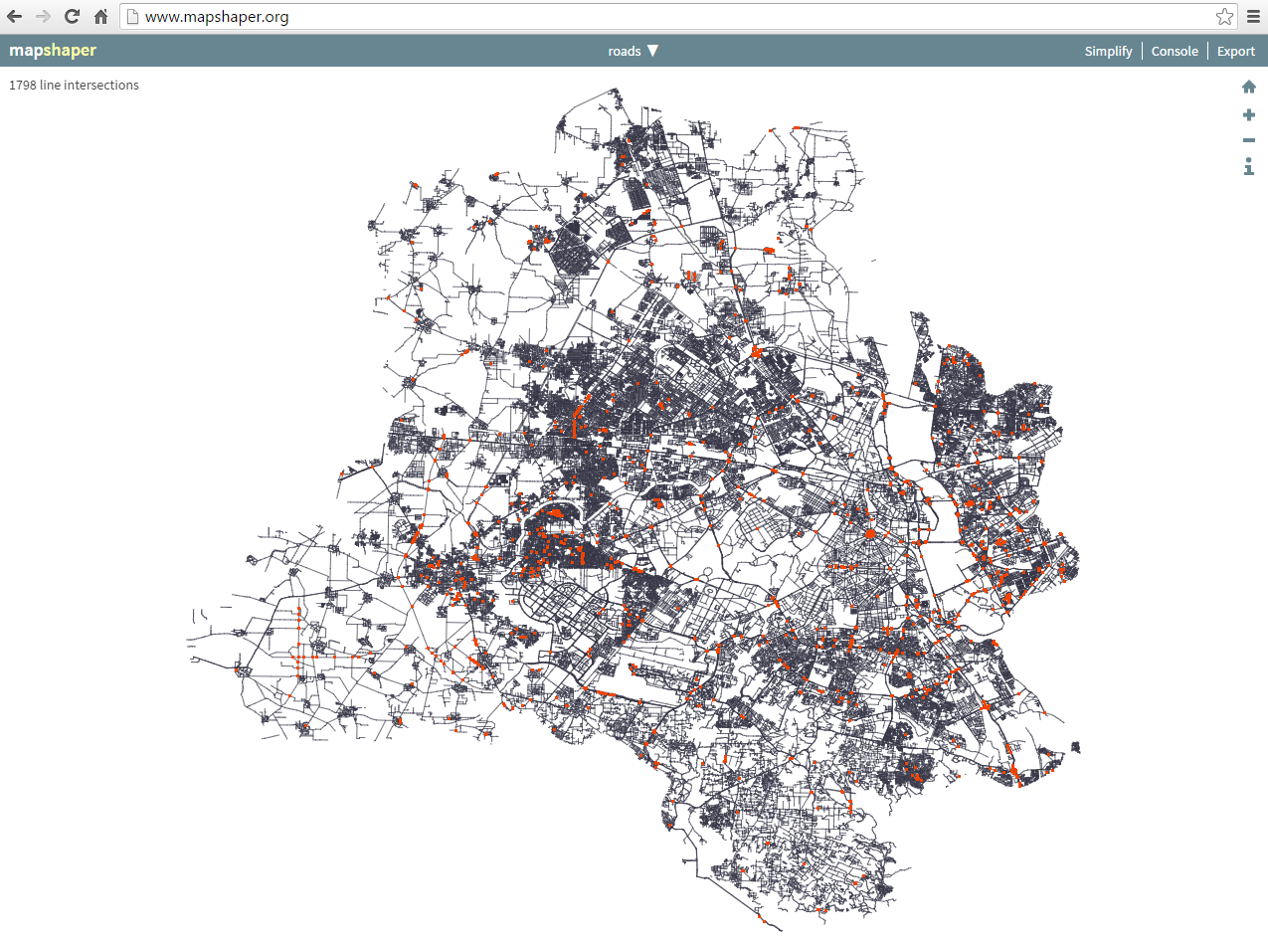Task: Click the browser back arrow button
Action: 15,17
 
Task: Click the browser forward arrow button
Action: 43,17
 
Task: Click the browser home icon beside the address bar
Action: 100,17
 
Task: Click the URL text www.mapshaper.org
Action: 217,17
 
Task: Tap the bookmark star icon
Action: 1224,17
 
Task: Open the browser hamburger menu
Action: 1253,17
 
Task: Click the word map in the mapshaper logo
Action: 26,51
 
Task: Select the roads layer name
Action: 625,51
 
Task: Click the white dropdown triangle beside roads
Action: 652,51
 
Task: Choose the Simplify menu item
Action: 1108,51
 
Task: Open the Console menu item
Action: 1175,51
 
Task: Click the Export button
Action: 1236,51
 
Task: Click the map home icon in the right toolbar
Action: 1249,88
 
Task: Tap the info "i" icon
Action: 1249,166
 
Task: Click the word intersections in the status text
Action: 105,86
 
